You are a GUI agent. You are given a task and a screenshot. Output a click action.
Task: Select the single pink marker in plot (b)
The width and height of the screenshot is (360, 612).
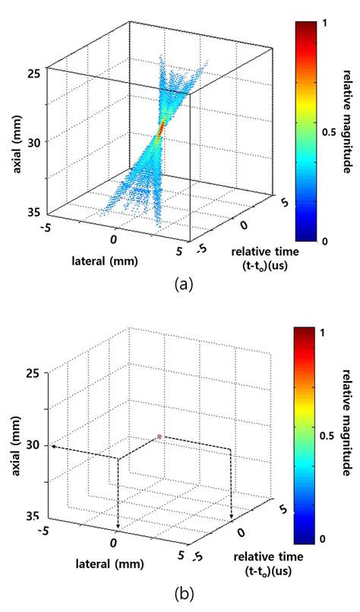click(x=159, y=437)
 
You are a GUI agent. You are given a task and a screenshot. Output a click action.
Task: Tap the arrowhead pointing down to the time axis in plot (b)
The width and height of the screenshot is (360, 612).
click(x=230, y=521)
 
